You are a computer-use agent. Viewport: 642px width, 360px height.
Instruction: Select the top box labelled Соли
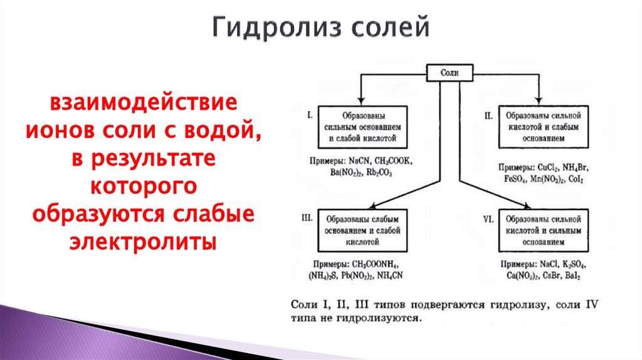point(450,73)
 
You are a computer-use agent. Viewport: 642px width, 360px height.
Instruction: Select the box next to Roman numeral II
point(543,127)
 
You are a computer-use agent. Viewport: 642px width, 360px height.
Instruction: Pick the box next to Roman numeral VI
point(543,230)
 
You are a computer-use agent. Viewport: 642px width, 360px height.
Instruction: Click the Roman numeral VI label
point(489,218)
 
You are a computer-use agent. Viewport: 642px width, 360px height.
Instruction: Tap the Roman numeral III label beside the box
point(307,218)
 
